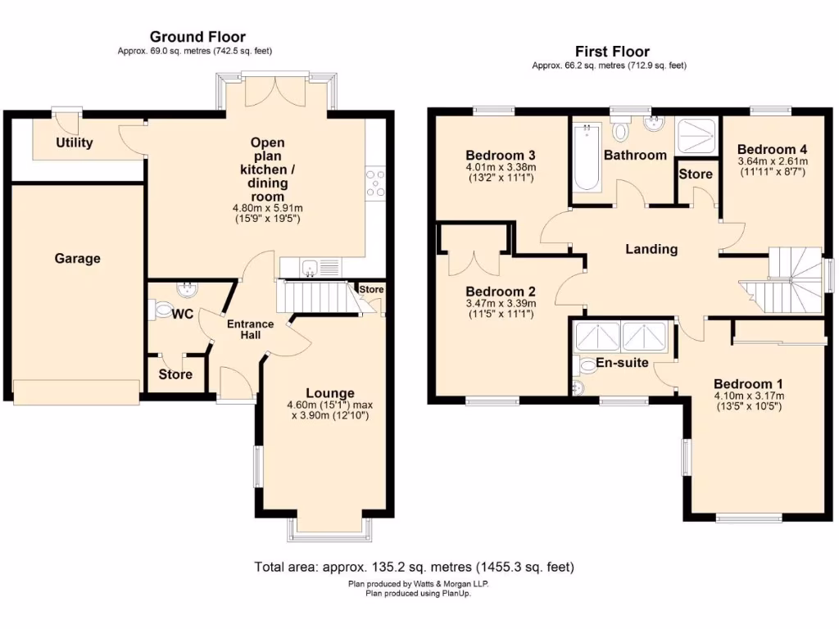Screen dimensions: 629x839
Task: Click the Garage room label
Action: [x=78, y=259]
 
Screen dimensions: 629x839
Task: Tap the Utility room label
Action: [x=75, y=143]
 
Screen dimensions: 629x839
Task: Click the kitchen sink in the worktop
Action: [x=310, y=267]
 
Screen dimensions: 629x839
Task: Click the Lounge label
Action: [x=330, y=393]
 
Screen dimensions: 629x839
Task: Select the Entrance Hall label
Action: [x=250, y=329]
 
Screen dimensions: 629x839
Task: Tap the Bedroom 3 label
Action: [x=501, y=156]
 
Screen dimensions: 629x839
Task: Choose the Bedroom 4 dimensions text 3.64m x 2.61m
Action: [x=772, y=161]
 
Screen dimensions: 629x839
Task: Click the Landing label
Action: [x=651, y=249]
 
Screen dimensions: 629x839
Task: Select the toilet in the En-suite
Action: [x=585, y=364]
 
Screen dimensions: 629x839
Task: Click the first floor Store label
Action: [x=695, y=174]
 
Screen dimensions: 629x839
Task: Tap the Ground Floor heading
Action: [x=197, y=37]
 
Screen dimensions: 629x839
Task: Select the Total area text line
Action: [x=414, y=567]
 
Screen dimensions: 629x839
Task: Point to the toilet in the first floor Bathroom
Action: [x=619, y=130]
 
